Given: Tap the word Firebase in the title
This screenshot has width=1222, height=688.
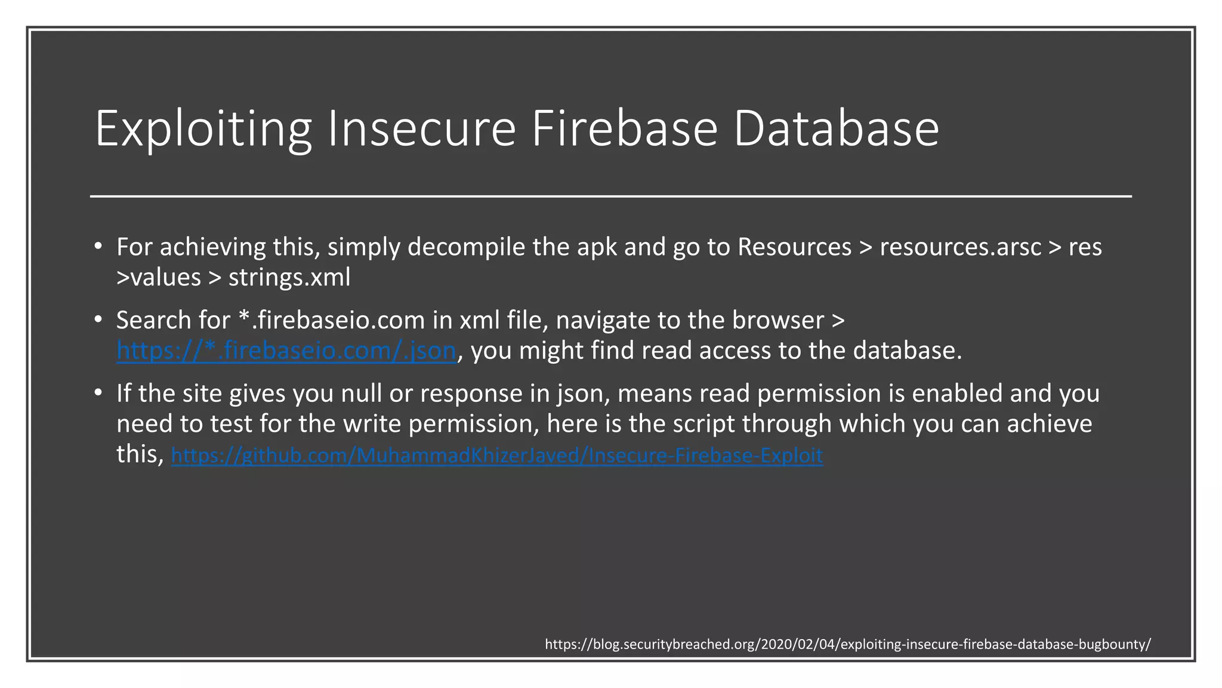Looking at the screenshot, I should (x=624, y=129).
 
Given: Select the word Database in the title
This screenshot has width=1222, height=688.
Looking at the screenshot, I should (x=836, y=129).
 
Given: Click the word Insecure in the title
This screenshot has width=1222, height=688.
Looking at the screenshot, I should (x=421, y=129).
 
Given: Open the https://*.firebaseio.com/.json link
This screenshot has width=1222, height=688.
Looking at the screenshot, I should (x=286, y=351).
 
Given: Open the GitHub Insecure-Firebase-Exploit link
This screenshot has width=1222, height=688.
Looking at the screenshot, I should (x=497, y=456).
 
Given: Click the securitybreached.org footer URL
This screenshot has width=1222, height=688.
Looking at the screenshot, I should (x=848, y=644).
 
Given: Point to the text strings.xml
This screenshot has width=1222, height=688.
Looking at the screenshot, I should (x=289, y=278).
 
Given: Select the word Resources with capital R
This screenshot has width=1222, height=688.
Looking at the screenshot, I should (x=794, y=247).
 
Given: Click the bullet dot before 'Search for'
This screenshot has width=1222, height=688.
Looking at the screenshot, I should (x=98, y=320).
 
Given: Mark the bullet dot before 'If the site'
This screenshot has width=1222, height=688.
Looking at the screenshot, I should (x=98, y=393).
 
